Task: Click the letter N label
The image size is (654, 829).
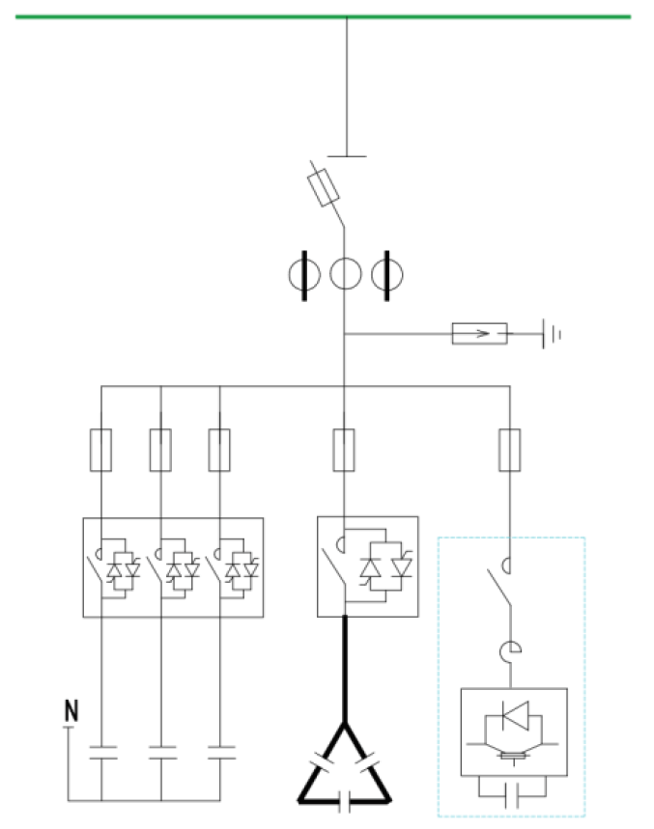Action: (x=71, y=712)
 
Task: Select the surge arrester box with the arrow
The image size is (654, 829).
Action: (x=480, y=335)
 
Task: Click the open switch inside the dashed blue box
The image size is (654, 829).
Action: (x=499, y=587)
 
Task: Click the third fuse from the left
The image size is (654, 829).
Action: (x=220, y=450)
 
